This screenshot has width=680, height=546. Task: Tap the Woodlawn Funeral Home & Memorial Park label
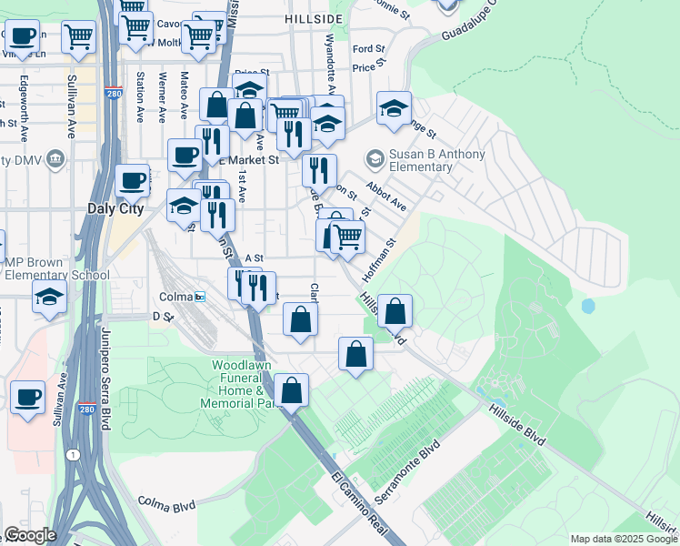point(242,383)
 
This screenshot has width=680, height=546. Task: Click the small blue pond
point(588,306)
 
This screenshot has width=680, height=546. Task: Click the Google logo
point(29,534)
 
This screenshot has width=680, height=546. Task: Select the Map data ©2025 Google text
point(623,539)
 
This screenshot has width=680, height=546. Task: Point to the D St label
point(163,317)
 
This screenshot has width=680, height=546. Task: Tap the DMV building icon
point(55,160)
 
